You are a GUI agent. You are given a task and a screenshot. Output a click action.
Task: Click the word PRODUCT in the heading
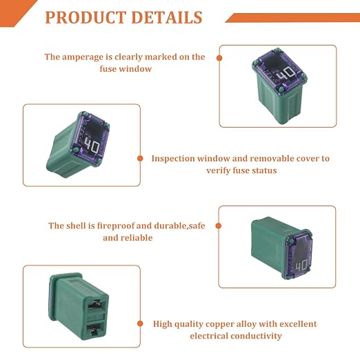tap(86, 17)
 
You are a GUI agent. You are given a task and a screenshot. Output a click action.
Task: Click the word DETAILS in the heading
tap(167, 17)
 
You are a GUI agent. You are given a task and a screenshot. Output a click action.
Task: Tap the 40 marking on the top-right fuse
tap(286, 74)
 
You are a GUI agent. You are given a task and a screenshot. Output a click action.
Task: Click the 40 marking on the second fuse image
tap(92, 146)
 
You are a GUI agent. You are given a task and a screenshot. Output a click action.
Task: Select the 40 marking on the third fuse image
tap(301, 266)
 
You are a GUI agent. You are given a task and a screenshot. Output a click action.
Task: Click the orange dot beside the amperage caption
tap(219, 58)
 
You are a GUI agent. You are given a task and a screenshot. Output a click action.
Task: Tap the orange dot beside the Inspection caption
tap(140, 159)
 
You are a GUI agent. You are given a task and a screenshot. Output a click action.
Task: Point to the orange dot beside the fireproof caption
tap(219, 226)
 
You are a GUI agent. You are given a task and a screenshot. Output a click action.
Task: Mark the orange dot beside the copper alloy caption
tap(140, 323)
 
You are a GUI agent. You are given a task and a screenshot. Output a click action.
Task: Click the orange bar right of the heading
tap(292, 18)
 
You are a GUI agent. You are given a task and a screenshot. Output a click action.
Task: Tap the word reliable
tap(139, 238)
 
